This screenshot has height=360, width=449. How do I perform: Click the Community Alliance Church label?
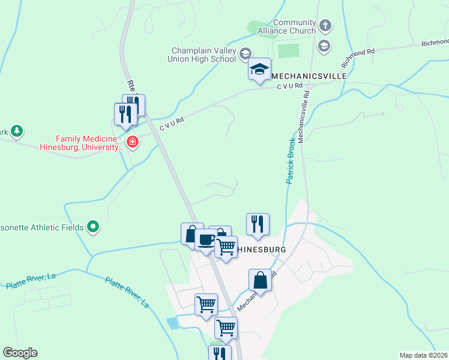coord(286,26)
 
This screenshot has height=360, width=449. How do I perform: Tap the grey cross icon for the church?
coord(325,26)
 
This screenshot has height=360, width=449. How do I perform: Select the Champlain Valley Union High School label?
coord(203,55)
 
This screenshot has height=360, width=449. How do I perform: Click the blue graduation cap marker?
coord(260,70)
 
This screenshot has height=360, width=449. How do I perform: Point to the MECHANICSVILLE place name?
coord(309,77)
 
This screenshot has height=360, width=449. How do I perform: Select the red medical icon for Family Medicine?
coord(133,142)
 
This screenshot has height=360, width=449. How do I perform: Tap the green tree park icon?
coord(17,130)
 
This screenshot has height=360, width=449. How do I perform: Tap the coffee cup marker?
coord(206,241)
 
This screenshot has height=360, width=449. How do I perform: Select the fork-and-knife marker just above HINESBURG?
coord(258,224)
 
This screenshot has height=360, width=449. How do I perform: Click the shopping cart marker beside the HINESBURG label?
coord(226,247)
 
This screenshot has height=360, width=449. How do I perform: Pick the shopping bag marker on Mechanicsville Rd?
coord(261,280)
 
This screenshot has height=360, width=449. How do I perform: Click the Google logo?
coord(20,353)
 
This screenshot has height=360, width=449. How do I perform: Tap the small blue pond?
coord(173,323)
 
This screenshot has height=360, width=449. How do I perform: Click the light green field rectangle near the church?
coord(289,50)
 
